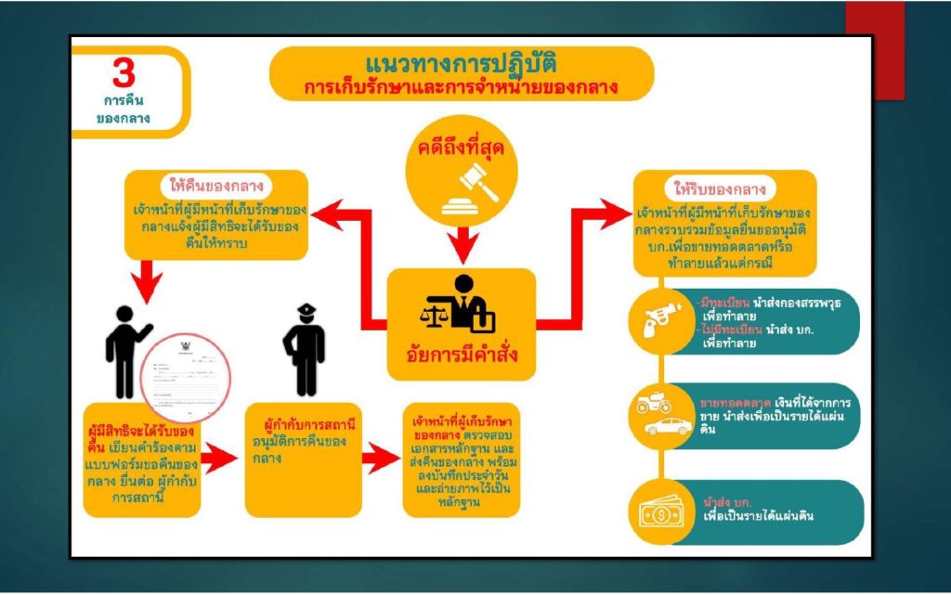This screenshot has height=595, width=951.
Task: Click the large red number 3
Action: [x=124, y=71]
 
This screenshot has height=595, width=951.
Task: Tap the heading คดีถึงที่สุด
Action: [x=462, y=148]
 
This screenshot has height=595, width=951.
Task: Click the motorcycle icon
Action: [x=654, y=406]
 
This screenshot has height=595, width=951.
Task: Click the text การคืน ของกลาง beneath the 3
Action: [x=124, y=109]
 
